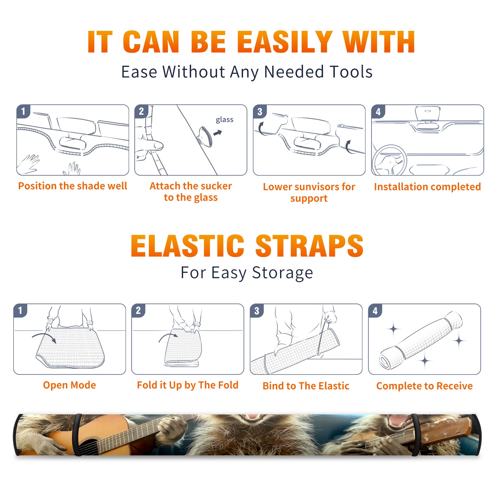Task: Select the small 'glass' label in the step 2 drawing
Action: tap(224, 120)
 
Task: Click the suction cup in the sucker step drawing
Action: tap(205, 136)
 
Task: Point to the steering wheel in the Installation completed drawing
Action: tap(389, 160)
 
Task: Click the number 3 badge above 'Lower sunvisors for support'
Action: tap(260, 111)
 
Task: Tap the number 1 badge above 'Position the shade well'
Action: tap(23, 111)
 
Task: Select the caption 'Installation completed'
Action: tap(427, 187)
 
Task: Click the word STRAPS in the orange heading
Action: tap(309, 246)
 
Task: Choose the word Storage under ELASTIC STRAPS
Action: tap(283, 273)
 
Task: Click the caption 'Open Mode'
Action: tap(69, 385)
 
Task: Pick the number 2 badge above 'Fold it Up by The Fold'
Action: tap(138, 311)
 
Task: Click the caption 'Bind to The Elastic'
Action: tap(306, 386)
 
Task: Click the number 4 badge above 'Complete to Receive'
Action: tap(375, 311)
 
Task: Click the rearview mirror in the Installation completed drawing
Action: tap(427, 114)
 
